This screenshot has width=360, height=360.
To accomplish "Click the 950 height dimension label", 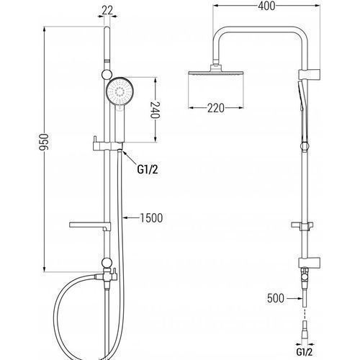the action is (44, 142).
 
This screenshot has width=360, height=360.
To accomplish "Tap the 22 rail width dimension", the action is (107, 10).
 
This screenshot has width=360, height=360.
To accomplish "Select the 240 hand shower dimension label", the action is (156, 110).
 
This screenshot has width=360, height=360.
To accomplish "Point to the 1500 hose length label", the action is (151, 218).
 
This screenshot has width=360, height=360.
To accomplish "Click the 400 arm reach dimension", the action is (266, 6).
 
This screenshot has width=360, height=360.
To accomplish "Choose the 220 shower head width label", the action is (216, 108).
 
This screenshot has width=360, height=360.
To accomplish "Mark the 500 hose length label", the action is (276, 298).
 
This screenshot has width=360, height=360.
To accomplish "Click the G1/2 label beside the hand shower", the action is (148, 170).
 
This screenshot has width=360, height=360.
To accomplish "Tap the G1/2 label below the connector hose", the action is (305, 352).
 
